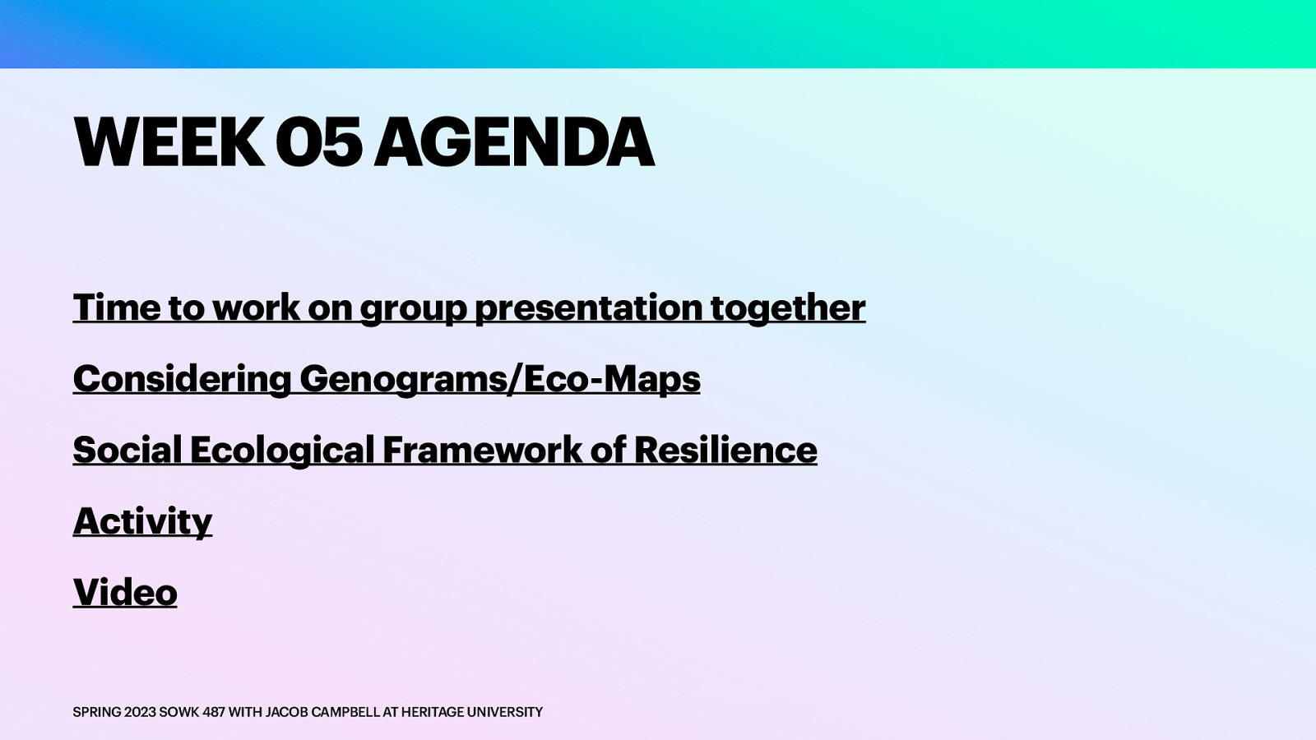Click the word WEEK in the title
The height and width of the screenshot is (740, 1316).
[169, 142]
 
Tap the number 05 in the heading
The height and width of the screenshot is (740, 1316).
[318, 142]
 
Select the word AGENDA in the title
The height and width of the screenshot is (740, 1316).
[514, 142]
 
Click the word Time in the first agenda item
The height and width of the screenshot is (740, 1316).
[117, 308]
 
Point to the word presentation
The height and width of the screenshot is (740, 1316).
[587, 308]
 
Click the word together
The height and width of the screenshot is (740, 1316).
[787, 308]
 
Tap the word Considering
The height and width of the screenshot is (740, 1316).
[182, 379]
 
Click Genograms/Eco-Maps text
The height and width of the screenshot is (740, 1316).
[499, 379]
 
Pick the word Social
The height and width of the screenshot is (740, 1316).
[127, 451]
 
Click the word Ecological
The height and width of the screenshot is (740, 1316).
[282, 451]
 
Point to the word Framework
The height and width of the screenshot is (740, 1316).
[482, 451]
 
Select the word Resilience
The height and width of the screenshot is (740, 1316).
[725, 451]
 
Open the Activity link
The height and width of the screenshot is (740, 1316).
[142, 521]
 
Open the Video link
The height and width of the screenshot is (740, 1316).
[125, 593]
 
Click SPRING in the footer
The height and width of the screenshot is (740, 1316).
[96, 712]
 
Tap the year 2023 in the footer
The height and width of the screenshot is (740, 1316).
[140, 712]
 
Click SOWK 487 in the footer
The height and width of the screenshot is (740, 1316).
[192, 712]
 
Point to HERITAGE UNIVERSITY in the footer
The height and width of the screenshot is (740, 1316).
[471, 712]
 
